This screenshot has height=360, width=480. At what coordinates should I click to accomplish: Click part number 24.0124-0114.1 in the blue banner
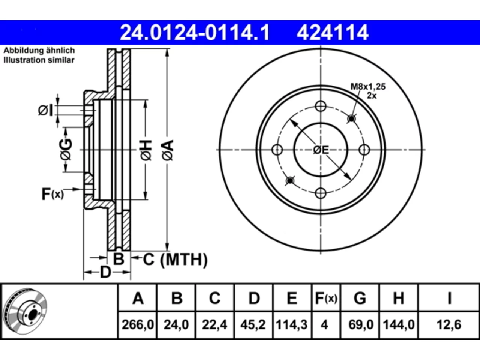tap(195, 33)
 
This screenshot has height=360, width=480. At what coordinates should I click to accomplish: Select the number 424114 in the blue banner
tap(333, 33)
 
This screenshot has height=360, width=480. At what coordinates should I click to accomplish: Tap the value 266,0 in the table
tap(138, 324)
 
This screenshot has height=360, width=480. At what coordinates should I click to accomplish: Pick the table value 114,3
tap(292, 324)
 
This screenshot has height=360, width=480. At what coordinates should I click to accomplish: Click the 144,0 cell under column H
tap(398, 324)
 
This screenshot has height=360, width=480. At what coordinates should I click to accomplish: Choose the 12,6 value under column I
tap(449, 324)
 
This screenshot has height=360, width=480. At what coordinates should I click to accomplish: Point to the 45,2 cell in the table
tap(253, 324)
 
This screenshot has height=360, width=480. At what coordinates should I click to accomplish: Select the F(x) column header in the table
tap(326, 298)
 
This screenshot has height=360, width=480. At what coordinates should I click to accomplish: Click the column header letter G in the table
tap(360, 298)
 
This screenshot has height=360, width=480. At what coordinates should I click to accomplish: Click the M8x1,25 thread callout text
tap(368, 87)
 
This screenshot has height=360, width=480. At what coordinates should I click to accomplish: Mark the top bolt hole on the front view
tap(321, 106)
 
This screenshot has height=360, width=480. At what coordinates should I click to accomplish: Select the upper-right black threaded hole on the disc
tap(352, 119)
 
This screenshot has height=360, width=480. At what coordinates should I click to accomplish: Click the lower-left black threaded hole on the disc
tap(290, 181)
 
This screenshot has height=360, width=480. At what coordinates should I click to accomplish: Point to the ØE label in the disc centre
tap(321, 150)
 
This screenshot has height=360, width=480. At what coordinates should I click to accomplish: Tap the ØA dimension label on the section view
tap(168, 150)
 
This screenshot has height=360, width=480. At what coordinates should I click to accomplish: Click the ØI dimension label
tap(45, 110)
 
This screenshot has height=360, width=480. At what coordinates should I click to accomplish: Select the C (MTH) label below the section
tap(175, 259)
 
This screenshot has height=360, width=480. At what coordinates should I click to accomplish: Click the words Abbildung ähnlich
tap(39, 51)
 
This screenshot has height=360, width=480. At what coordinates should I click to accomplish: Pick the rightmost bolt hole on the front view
tap(364, 150)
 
